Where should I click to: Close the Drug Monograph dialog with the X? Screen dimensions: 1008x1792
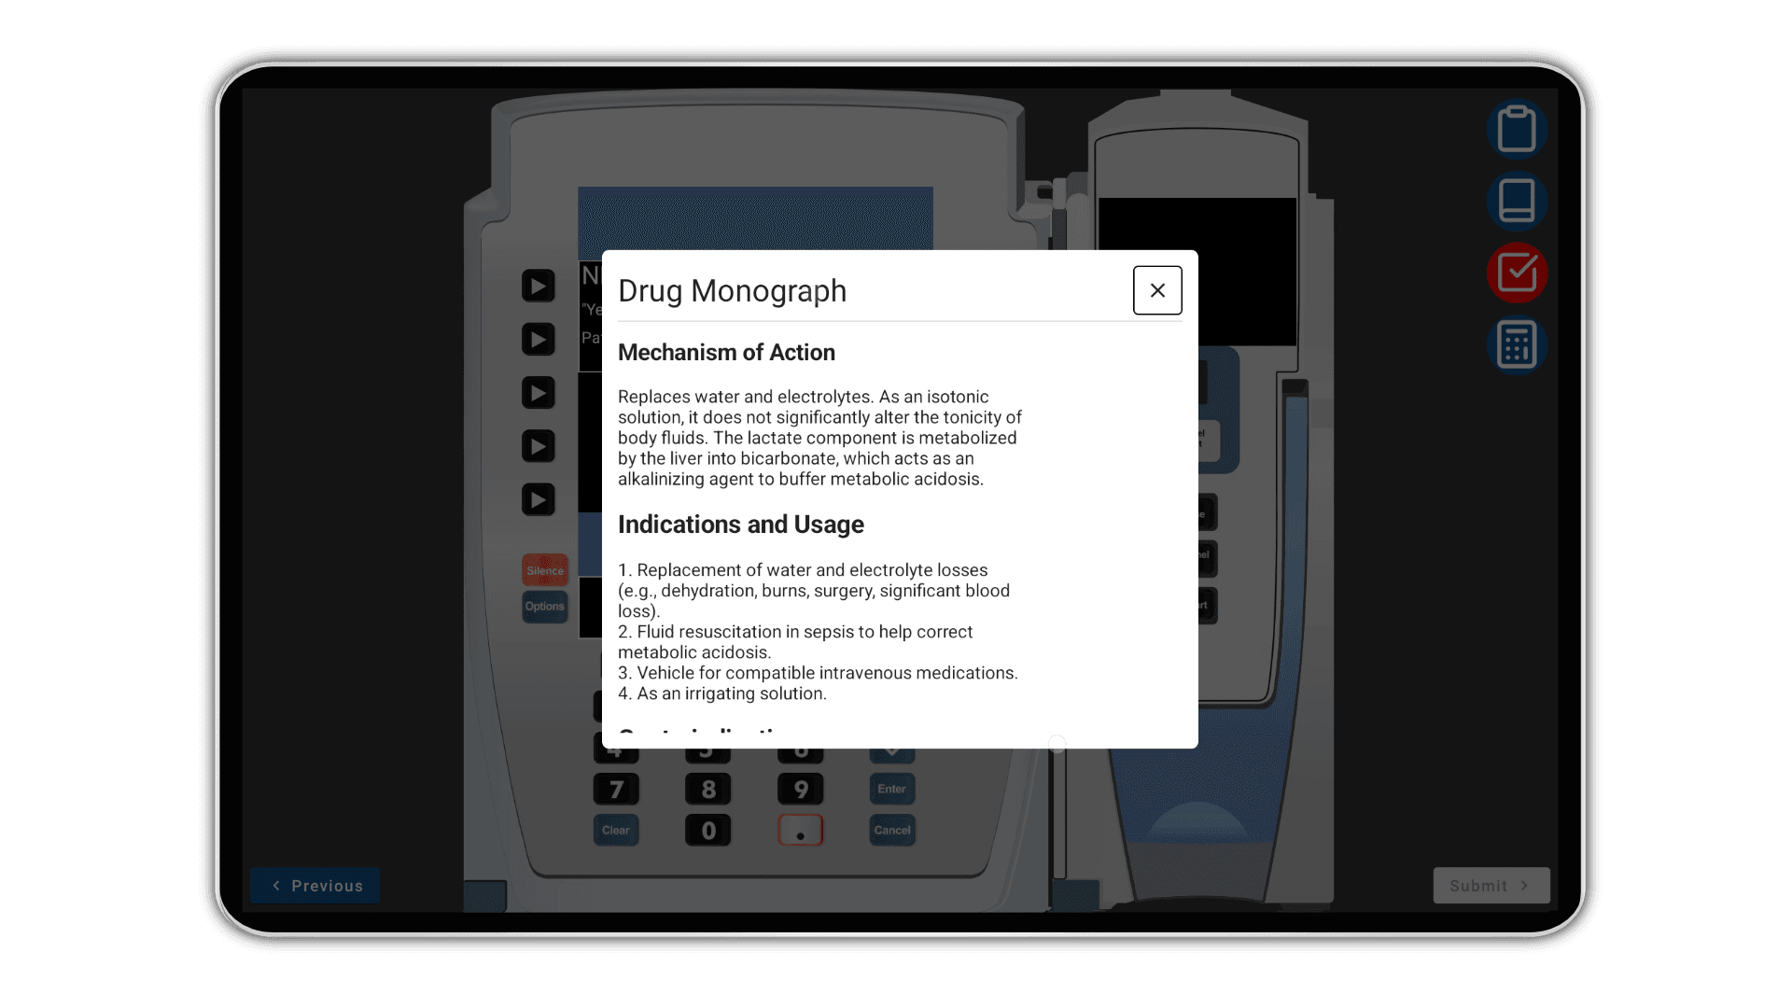1157,290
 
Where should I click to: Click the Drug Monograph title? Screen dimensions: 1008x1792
732,291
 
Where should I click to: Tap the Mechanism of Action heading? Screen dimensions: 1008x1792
726,353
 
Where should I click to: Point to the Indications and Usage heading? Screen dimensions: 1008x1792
740,525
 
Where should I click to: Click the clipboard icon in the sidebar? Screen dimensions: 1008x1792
1517,129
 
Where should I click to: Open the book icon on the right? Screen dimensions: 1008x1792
1517,201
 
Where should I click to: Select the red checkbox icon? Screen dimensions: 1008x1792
1517,273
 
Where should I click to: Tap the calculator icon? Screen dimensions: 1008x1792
1517,344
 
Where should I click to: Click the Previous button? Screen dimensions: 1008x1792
315,886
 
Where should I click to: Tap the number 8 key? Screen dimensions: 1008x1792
708,790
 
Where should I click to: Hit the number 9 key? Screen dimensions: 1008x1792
801,790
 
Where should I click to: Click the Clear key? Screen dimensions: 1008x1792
616,830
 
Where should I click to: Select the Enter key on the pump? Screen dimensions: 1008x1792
891,789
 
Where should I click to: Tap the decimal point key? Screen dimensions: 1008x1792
801,831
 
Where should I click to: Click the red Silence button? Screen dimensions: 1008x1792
545,570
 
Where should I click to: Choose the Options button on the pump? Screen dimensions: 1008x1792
545,607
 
